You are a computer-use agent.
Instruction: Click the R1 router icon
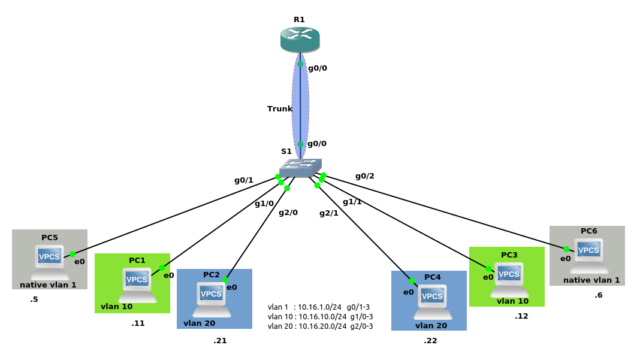tap(300, 40)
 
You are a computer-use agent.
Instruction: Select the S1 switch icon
tap(300, 168)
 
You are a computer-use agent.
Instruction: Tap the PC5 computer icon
tap(50, 261)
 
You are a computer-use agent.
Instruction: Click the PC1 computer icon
tap(137, 285)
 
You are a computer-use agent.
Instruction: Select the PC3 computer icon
tap(509, 279)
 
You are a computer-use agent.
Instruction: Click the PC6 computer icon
tap(588, 255)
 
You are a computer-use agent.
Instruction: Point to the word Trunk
tap(279, 109)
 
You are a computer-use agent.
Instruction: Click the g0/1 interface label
tap(244, 180)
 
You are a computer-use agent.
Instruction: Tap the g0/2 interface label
tap(364, 176)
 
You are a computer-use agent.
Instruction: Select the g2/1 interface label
tap(328, 213)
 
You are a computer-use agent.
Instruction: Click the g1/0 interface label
tap(264, 204)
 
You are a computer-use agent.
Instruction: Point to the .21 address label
tap(220, 341)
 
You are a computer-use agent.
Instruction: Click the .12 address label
tap(521, 316)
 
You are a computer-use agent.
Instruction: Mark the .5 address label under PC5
tap(34, 300)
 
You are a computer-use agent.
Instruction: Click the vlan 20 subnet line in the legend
tap(320, 326)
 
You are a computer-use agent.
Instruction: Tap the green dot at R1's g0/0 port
tap(300, 64)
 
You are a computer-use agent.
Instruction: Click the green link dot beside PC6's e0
tap(566, 249)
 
